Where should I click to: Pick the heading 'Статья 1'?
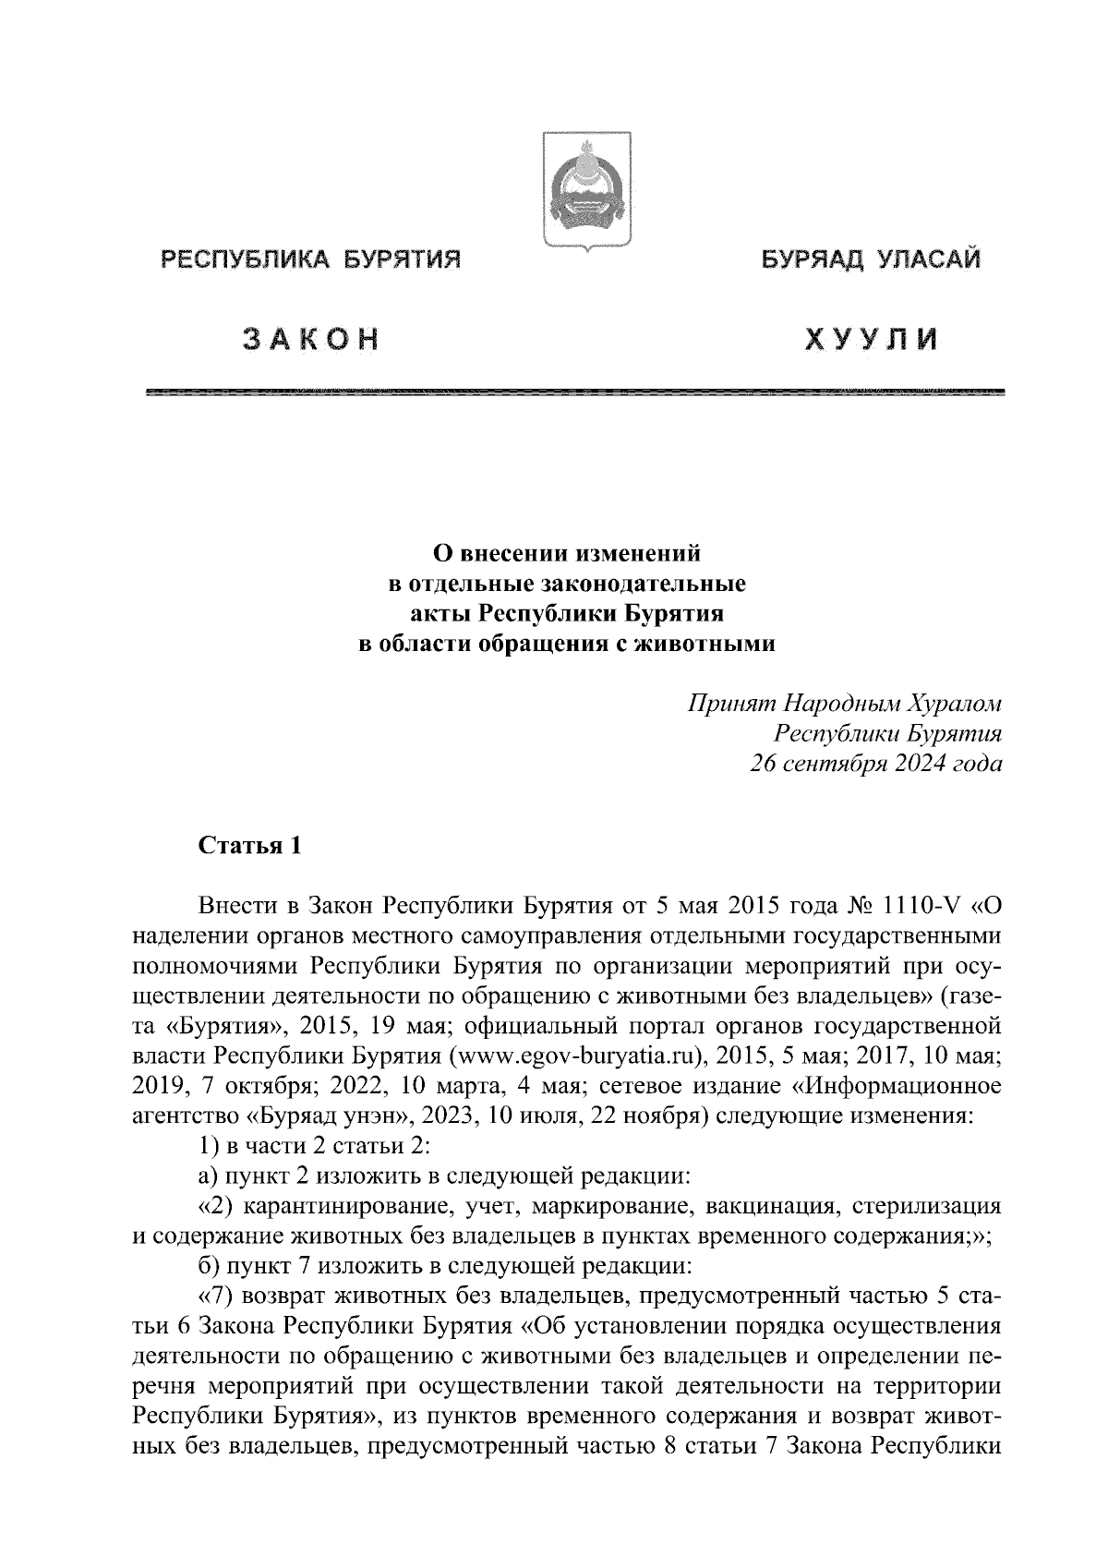249,846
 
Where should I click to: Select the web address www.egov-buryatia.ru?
573,1054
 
